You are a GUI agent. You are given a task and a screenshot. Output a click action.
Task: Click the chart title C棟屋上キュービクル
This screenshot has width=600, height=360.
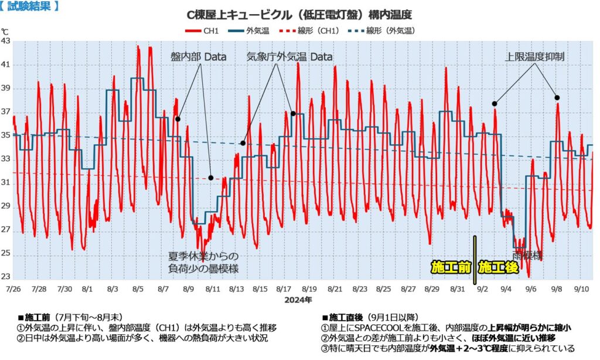coord(299,14)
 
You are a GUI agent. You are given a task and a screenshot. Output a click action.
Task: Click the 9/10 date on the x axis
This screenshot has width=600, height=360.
coord(581,289)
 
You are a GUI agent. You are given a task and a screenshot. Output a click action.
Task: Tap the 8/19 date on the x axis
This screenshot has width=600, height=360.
coord(309,289)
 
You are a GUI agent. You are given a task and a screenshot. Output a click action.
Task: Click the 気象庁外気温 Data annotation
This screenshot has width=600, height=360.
coord(289,57)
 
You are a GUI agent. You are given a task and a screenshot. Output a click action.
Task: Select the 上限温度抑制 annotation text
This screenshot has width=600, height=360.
coord(535,57)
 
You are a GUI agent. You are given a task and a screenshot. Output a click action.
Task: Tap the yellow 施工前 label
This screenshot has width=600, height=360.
coord(451,267)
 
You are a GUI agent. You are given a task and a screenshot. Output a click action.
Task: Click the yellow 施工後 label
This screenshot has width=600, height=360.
coord(499,267)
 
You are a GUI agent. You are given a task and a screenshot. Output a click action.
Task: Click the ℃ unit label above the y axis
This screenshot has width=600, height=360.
coord(5,31)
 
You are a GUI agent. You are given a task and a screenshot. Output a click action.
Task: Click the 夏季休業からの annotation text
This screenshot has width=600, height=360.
coord(204,256)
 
